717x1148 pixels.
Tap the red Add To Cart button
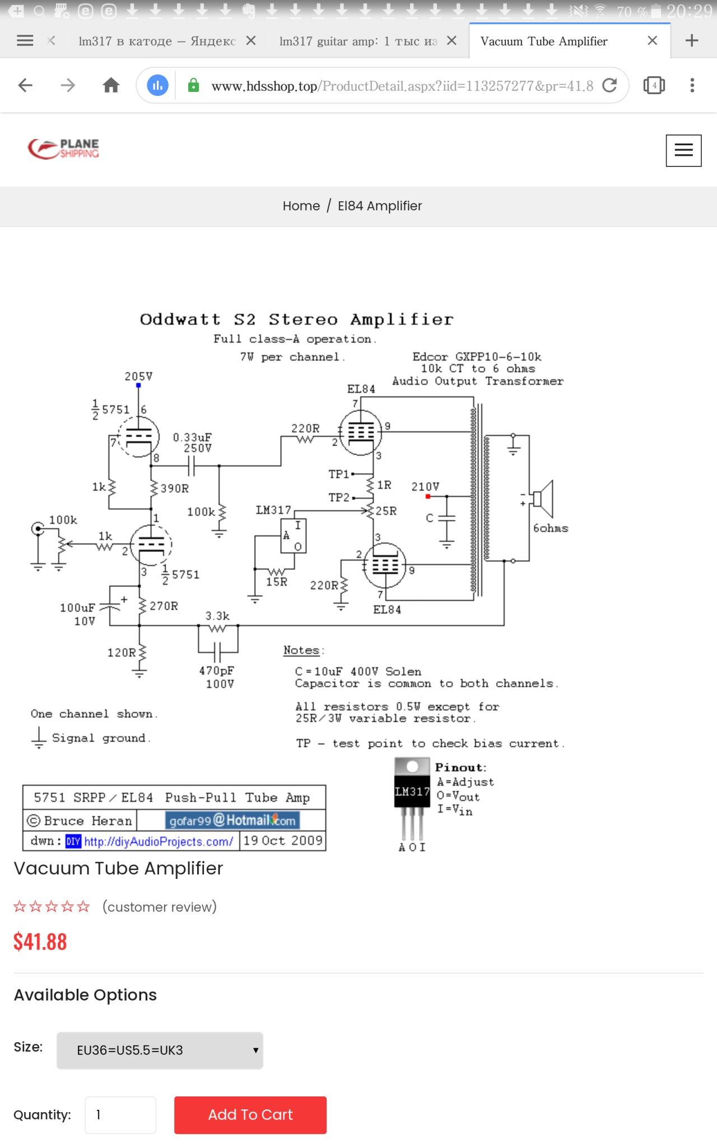click(250, 1115)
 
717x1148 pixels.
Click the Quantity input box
click(120, 1115)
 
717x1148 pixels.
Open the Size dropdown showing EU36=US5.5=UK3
click(160, 1050)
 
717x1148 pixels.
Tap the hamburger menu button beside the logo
click(683, 150)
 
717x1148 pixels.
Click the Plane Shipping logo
click(63, 149)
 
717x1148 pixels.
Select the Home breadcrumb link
click(301, 206)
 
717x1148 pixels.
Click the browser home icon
click(111, 85)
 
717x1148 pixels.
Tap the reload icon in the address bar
click(609, 85)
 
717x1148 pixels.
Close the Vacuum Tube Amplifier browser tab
click(652, 40)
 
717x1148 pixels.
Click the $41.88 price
click(40, 942)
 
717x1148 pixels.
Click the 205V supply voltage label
click(138, 376)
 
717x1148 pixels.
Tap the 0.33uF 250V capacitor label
click(193, 442)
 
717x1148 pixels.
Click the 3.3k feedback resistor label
click(217, 616)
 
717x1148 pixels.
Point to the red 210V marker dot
click(428, 497)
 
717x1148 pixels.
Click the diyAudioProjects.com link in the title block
click(159, 841)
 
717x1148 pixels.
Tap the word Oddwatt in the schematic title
click(180, 320)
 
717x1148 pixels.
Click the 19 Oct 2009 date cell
click(283, 841)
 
